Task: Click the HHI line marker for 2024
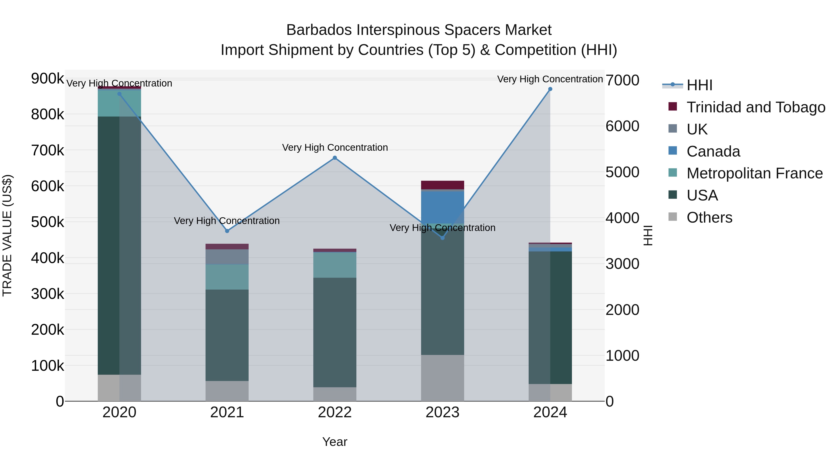click(x=550, y=89)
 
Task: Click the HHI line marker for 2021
click(x=227, y=231)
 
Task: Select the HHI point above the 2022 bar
click(x=335, y=158)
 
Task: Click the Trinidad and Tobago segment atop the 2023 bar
click(x=443, y=185)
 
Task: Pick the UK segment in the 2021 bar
click(x=227, y=257)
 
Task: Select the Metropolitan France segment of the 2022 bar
click(x=335, y=265)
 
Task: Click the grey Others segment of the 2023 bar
click(x=443, y=378)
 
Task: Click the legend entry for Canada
click(x=713, y=151)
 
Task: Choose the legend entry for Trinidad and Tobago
click(x=755, y=107)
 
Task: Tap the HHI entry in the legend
click(x=699, y=85)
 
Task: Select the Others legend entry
click(x=709, y=217)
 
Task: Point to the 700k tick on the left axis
click(x=47, y=150)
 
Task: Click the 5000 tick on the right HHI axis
click(x=622, y=172)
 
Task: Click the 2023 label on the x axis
click(x=443, y=412)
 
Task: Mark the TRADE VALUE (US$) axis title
click(x=7, y=235)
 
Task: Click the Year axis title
click(x=335, y=442)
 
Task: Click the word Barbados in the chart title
click(x=319, y=30)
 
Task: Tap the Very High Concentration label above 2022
click(x=335, y=147)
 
